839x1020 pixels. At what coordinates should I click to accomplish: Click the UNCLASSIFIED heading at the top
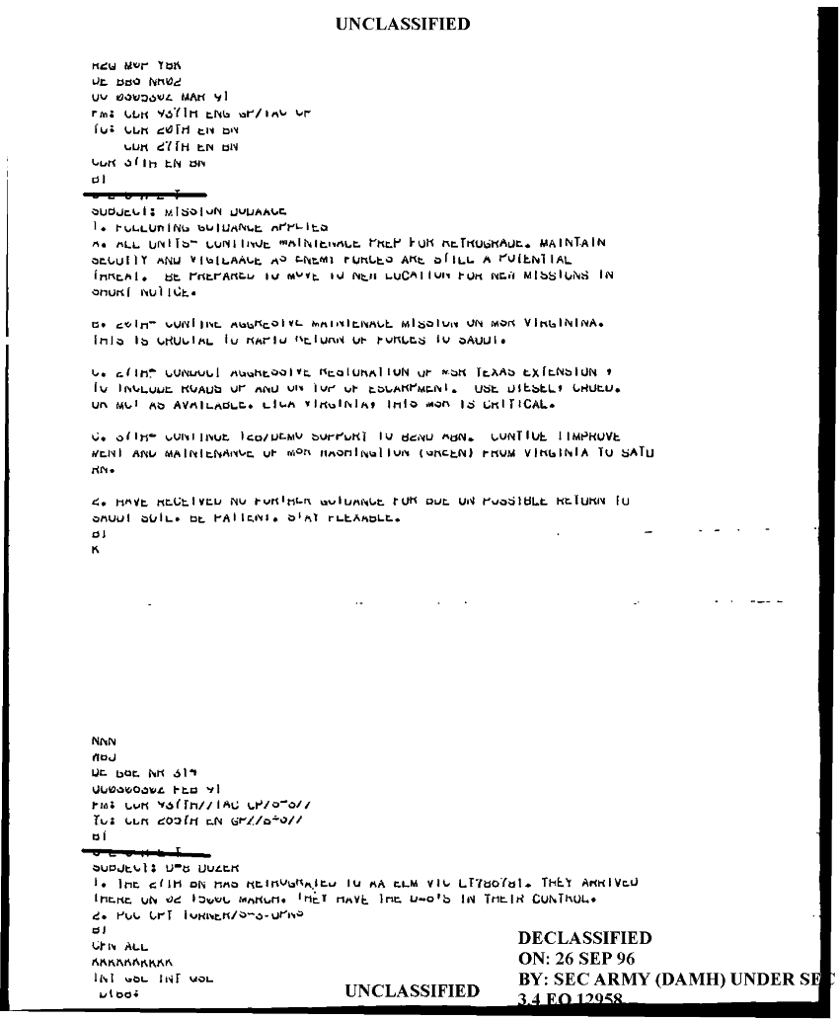point(403,24)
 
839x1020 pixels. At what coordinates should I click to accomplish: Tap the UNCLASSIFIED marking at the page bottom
point(414,990)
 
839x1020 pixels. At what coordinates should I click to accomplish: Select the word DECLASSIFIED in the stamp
point(584,938)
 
